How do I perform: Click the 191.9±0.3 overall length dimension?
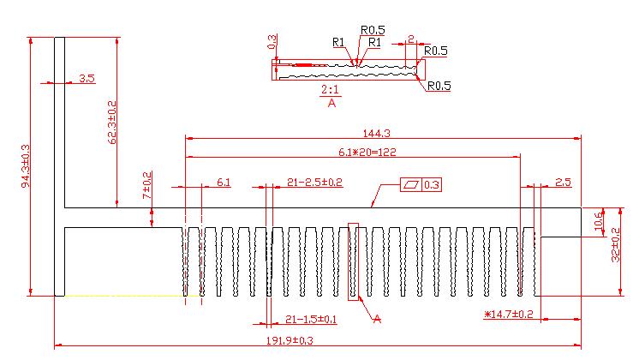coord(290,340)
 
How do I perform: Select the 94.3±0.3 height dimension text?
coord(26,166)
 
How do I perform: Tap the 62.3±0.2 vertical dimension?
coord(112,123)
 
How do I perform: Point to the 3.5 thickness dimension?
coord(87,78)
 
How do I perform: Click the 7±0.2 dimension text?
coord(147,185)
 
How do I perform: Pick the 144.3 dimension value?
coord(376,134)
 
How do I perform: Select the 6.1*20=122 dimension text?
coord(367,152)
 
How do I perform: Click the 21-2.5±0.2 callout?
coord(314,183)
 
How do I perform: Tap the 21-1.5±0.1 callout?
coord(311,319)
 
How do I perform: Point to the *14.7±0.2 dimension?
coord(509,314)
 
